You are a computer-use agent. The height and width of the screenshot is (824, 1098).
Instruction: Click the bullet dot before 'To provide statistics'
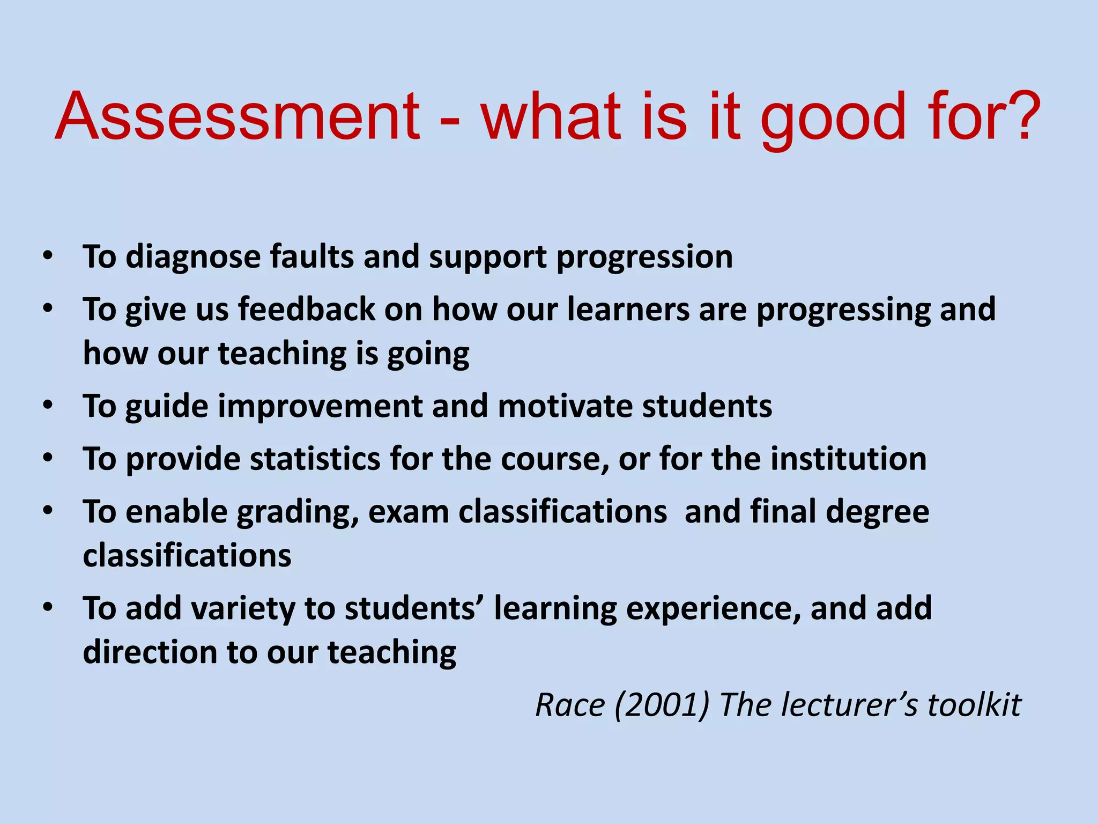tap(48, 459)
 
